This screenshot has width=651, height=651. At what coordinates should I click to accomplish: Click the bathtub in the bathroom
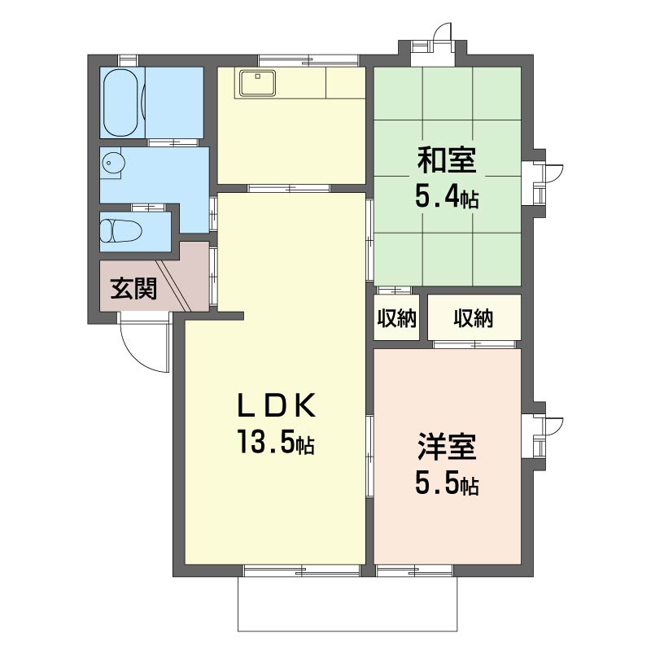(x=120, y=103)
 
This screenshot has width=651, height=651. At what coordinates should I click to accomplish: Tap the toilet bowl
(x=120, y=231)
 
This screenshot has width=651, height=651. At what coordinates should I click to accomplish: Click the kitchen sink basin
(x=258, y=82)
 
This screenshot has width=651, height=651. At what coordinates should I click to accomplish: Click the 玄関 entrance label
(x=133, y=289)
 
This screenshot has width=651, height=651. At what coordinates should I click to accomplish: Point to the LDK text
(x=276, y=405)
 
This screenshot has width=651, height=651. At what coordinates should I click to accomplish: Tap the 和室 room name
(x=447, y=160)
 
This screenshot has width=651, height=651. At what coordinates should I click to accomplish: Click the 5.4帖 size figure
(x=447, y=197)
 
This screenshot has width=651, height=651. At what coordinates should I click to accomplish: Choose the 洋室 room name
(x=447, y=447)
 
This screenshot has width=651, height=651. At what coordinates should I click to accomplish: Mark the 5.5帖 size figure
(x=447, y=483)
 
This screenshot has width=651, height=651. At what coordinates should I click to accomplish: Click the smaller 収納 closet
(x=396, y=318)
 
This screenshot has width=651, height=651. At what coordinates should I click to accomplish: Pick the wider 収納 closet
(x=474, y=318)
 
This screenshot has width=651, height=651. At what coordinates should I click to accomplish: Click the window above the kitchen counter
(x=308, y=60)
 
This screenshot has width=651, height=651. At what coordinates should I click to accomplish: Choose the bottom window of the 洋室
(x=414, y=570)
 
